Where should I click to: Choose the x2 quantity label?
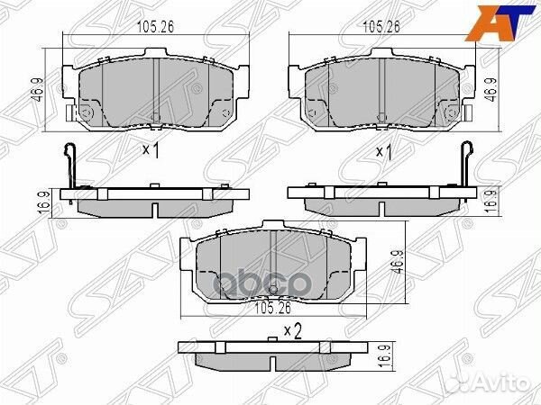[x=291, y=330]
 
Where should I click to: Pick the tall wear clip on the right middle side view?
[x=465, y=166]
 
